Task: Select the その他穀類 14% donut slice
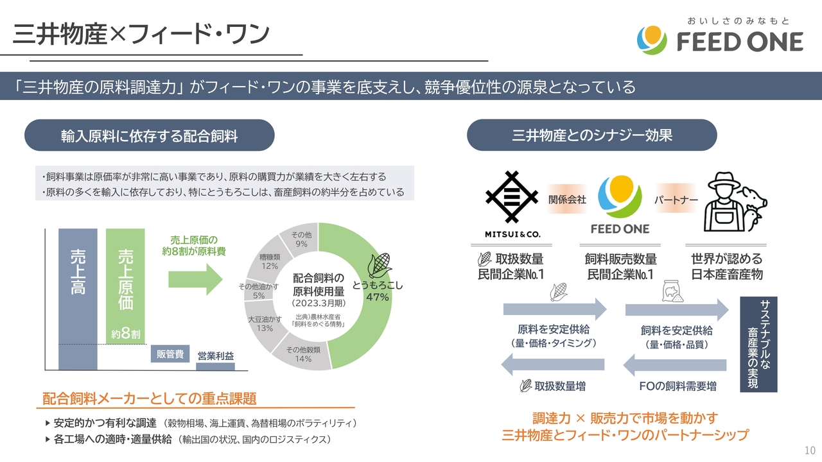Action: tap(300, 354)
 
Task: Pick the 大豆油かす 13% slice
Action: tap(265, 323)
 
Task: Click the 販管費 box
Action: tap(170, 354)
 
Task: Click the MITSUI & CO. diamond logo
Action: tap(512, 198)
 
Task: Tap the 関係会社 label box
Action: tap(567, 200)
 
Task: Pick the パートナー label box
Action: tap(676, 200)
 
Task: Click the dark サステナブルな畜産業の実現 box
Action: tap(758, 343)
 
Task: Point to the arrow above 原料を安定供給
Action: tap(554, 309)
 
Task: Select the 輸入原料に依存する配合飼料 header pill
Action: tap(150, 135)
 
